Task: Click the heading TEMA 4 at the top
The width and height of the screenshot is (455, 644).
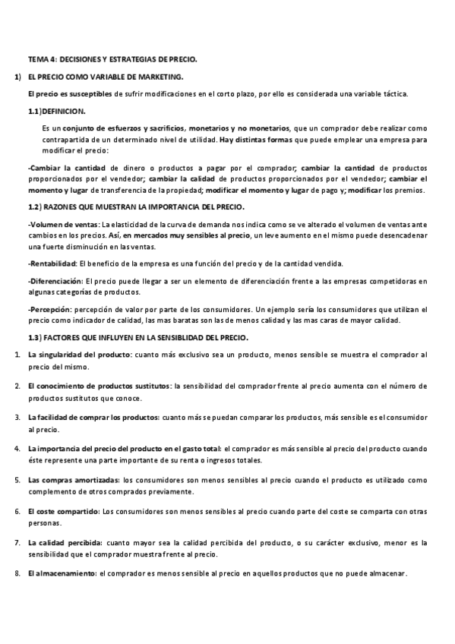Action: [112, 58]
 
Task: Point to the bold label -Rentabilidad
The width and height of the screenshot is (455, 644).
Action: [53, 264]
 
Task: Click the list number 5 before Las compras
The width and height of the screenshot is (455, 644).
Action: [17, 481]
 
